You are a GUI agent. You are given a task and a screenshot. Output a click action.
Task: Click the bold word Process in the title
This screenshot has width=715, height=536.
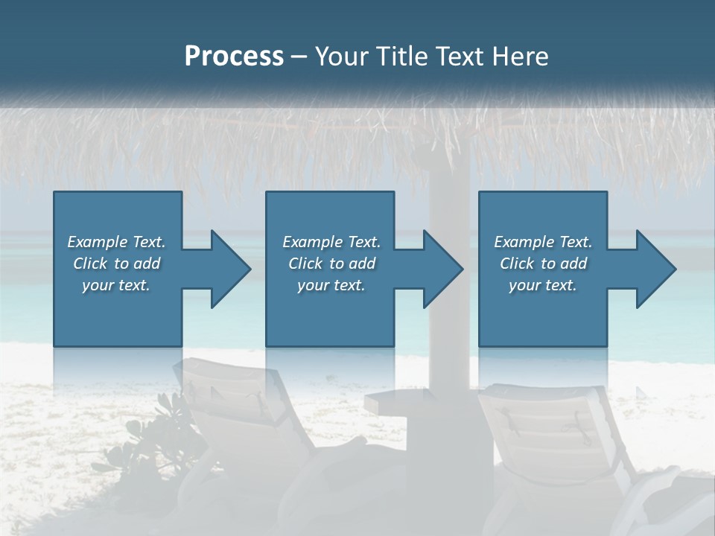pyautogui.click(x=234, y=57)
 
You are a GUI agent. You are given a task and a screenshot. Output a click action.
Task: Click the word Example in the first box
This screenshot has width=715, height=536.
pyautogui.click(x=97, y=242)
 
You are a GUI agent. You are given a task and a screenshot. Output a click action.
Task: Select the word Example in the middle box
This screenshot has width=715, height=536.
pyautogui.click(x=312, y=242)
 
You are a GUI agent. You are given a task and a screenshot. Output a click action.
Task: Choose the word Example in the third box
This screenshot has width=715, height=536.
pyautogui.click(x=524, y=242)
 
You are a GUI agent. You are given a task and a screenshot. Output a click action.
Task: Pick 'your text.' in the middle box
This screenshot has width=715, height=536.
pyautogui.click(x=331, y=285)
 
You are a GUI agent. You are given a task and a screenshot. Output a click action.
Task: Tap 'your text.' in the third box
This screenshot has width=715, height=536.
pyautogui.click(x=542, y=285)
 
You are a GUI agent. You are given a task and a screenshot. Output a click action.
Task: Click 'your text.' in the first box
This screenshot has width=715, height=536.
pyautogui.click(x=115, y=285)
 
